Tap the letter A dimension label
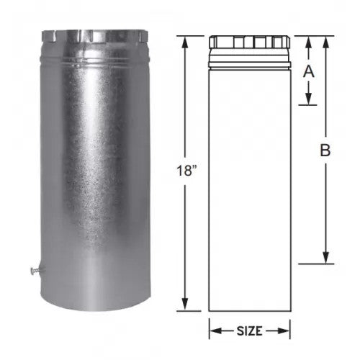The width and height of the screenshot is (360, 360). (309, 72)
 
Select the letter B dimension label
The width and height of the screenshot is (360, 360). (325, 150)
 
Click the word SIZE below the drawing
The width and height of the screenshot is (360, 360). (249, 331)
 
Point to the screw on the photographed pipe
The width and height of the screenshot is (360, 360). (35, 270)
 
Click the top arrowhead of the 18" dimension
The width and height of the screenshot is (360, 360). (184, 42)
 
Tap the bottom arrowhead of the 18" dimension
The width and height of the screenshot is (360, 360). (184, 305)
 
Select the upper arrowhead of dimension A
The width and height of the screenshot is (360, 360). (309, 42)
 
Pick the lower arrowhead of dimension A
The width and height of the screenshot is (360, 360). (309, 99)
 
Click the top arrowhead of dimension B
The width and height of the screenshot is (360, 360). (325, 42)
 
